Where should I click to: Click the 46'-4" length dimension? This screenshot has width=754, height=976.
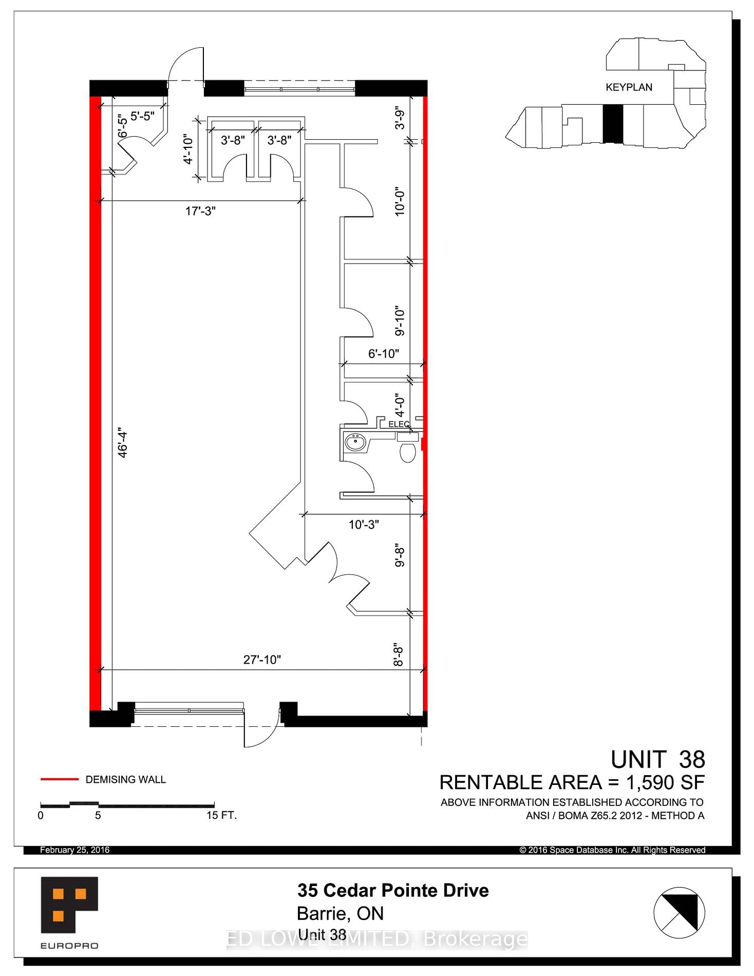123,442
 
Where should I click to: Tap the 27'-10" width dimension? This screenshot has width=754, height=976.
262,660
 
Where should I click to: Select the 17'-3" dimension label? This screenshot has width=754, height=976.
200,211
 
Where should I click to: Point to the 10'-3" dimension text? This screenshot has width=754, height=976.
364,524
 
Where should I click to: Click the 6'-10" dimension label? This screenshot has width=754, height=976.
384,353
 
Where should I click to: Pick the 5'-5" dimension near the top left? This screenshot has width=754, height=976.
142,116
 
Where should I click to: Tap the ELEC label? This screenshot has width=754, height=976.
399,424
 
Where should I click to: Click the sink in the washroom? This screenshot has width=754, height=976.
355,442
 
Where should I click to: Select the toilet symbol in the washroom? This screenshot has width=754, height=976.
407,452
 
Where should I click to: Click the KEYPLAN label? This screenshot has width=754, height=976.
629,87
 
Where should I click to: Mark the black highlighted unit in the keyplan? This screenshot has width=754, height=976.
612,123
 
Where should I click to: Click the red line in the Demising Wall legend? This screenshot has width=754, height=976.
60,779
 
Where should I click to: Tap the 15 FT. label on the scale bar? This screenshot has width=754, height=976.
221,816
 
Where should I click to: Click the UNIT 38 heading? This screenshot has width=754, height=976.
657,759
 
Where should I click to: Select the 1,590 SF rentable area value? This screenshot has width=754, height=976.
665,782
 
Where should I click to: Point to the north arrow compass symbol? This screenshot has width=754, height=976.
679,913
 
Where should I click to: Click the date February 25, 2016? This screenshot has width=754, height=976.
75,850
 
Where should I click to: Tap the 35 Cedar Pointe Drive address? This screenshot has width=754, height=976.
393,890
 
